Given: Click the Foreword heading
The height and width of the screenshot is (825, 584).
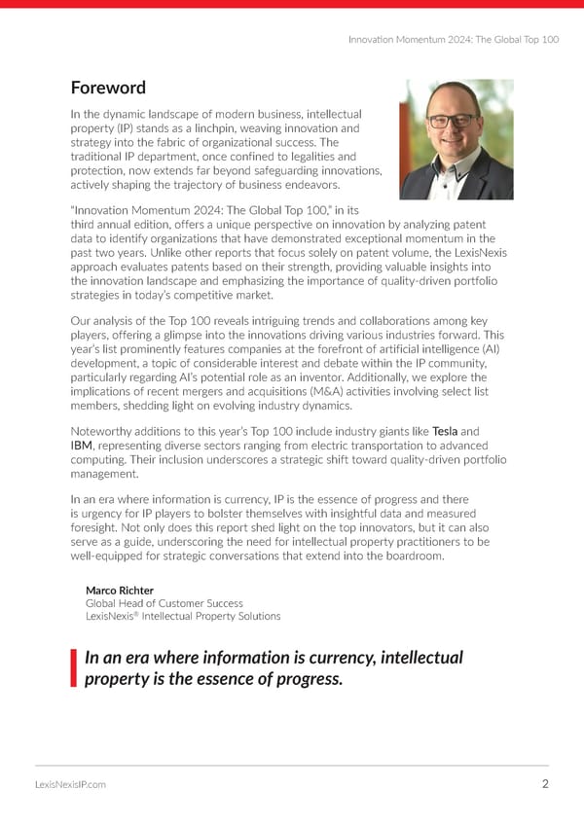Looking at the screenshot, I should coord(108,89).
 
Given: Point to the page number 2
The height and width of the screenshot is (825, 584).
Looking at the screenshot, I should coord(545,786).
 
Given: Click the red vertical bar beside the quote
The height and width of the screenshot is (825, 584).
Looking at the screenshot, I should coord(74,668).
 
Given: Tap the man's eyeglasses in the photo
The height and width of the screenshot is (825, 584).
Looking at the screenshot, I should coord(453,123).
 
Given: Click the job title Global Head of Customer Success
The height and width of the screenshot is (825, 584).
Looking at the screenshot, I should coord(164,603).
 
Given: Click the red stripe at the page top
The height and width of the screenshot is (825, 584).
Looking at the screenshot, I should coord(292,4).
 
